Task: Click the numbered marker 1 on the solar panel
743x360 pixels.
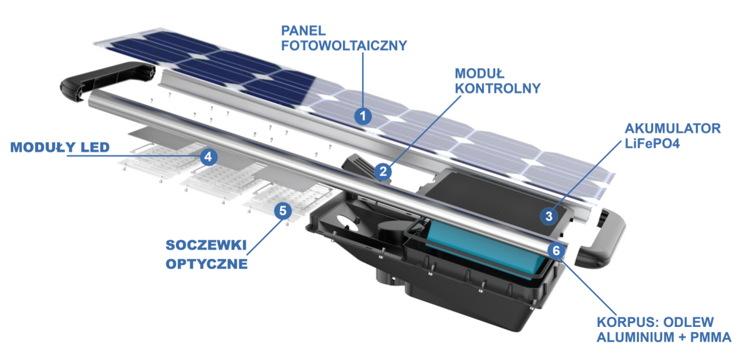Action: pyautogui.click(x=363, y=116)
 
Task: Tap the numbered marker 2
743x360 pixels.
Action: pyautogui.click(x=382, y=170)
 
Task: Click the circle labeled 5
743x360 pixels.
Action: pyautogui.click(x=283, y=211)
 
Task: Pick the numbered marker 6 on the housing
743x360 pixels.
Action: pyautogui.click(x=557, y=250)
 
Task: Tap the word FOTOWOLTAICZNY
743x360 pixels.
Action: pyautogui.click(x=344, y=46)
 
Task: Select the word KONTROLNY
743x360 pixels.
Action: pyautogui.click(x=497, y=88)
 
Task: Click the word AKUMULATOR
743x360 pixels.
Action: pyautogui.click(x=673, y=128)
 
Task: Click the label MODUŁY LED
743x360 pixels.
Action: pyautogui.click(x=60, y=148)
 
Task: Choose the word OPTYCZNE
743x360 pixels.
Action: pyautogui.click(x=206, y=263)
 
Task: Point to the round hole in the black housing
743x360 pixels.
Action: pyautogui.click(x=347, y=225)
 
